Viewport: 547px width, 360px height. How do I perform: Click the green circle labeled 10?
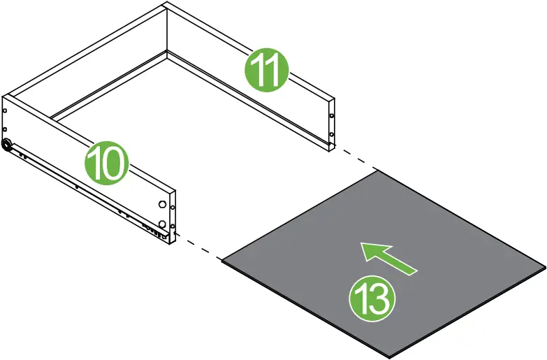tap(107, 164)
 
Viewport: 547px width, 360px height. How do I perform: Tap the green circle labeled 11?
tap(265, 69)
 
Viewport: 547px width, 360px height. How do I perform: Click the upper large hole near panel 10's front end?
tap(163, 206)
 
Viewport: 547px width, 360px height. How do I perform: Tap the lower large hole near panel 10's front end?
tap(163, 224)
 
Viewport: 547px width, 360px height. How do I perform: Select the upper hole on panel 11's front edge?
tap(330, 116)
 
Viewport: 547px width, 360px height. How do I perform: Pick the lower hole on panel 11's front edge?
tap(330, 135)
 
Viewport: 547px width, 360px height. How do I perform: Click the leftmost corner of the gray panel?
tap(222, 261)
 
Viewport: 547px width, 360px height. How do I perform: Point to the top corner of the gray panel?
tap(378, 171)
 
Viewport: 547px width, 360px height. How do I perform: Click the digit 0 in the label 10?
tap(115, 164)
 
